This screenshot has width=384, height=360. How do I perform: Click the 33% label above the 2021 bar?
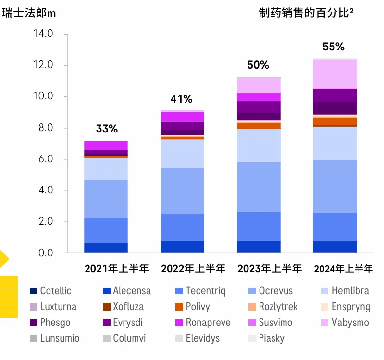pos(107,129)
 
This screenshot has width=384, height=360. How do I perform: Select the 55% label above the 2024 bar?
pos(334,47)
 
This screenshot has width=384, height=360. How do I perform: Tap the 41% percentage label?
pos(181,99)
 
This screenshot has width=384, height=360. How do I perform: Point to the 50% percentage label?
pos(258,65)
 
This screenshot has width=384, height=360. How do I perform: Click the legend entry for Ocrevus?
pos(275,291)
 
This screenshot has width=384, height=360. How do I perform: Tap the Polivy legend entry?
pos(198,307)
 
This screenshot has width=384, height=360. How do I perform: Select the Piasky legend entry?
pos(271,338)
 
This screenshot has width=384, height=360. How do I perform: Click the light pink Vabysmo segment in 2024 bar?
pos(335,74)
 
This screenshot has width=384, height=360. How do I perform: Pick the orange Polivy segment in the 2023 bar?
pos(259,126)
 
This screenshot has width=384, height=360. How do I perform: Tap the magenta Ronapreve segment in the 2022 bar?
pos(182,117)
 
